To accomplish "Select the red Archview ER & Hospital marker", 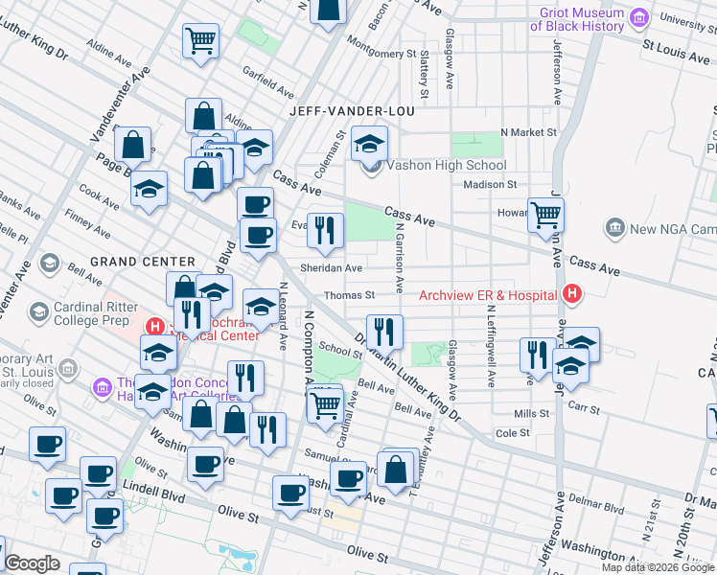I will tap(572, 294).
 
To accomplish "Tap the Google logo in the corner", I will tap(32, 563).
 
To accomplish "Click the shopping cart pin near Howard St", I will tap(545, 215).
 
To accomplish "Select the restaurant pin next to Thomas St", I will tap(384, 332).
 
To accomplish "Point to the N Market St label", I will tap(528, 132).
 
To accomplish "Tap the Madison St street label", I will tap(490, 184).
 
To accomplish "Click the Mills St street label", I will tap(531, 413).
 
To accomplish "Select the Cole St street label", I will tap(513, 433).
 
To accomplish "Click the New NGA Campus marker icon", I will tap(615, 229).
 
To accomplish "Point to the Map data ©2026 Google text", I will tap(657, 567).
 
